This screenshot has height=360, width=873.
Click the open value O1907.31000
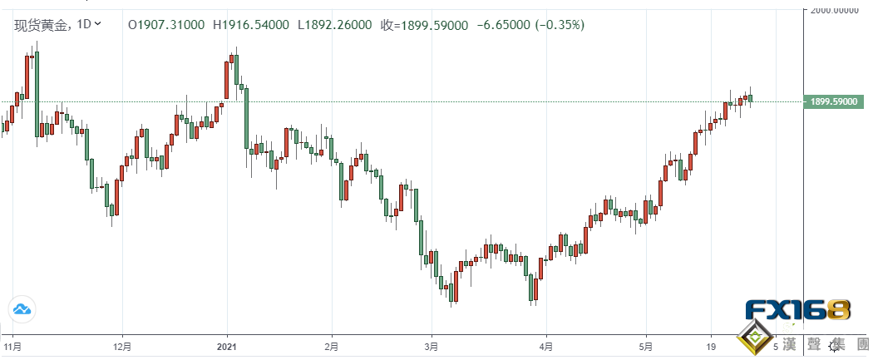tap(166, 25)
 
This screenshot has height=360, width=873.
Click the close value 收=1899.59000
tap(426, 25)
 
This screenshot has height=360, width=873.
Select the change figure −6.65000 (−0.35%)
tap(530, 25)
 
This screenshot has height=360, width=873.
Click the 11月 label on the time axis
tap(12, 344)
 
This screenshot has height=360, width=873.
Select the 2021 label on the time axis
tap(228, 344)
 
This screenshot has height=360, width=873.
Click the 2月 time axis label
tap(331, 344)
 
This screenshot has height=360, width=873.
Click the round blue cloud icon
tap(21, 310)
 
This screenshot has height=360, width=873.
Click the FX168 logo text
tap(797, 312)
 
